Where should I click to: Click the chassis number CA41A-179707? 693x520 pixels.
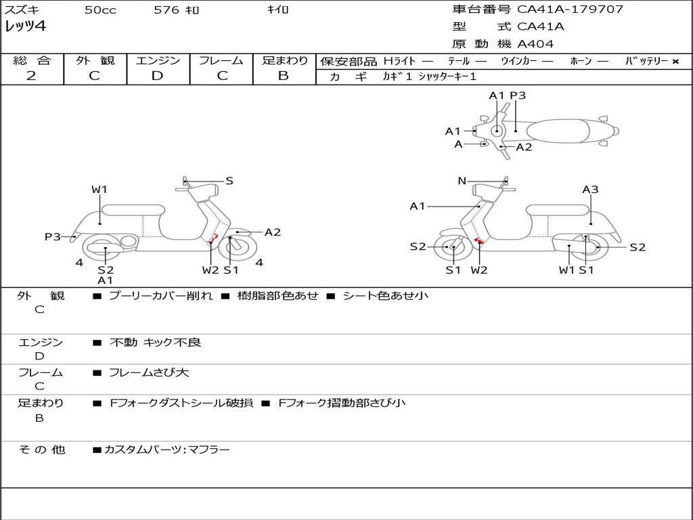pyautogui.click(x=570, y=9)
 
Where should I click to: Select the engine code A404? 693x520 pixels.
pyautogui.click(x=535, y=44)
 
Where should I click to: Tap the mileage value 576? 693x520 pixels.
pyautogui.click(x=166, y=10)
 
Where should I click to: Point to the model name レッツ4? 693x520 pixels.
pyautogui.click(x=25, y=26)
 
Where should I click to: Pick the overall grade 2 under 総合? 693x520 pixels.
pyautogui.click(x=31, y=76)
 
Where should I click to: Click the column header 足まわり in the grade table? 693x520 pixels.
pyautogui.click(x=285, y=61)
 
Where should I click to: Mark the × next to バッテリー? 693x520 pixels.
pyautogui.click(x=675, y=62)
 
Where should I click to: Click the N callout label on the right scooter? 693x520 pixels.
pyautogui.click(x=462, y=181)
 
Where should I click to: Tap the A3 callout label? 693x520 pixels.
pyautogui.click(x=590, y=190)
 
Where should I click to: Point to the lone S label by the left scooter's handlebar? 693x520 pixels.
pyautogui.click(x=229, y=181)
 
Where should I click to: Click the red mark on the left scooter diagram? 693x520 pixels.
pyautogui.click(x=212, y=238)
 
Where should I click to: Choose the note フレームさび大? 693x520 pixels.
pyautogui.click(x=149, y=372)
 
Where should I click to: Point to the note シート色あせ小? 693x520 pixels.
pyautogui.click(x=385, y=295)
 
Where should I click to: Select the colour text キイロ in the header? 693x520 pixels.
pyautogui.click(x=277, y=10)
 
